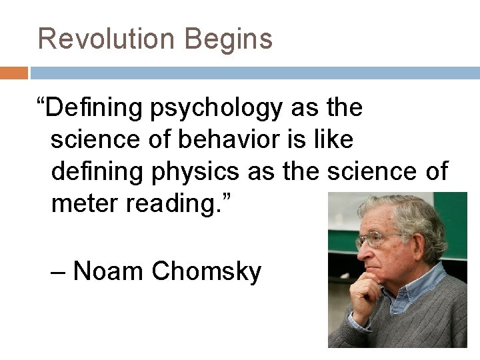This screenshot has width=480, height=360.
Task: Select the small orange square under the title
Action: [x=14, y=73]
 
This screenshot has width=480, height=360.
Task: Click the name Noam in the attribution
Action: [x=109, y=271]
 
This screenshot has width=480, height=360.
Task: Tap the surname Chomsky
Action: [x=207, y=272]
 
